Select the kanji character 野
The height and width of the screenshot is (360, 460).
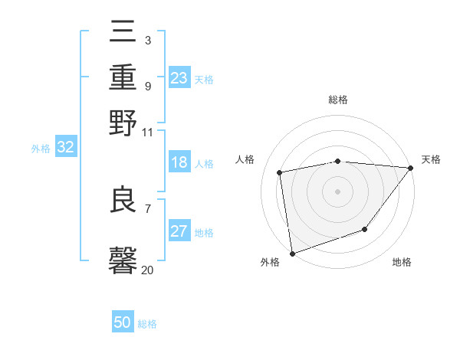pyautogui.click(x=123, y=123)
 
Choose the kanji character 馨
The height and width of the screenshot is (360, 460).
pyautogui.click(x=123, y=260)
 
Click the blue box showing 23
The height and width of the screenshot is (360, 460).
pyautogui.click(x=179, y=78)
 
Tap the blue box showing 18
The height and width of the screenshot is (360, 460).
pyautogui.click(x=179, y=162)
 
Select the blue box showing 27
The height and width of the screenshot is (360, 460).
pyautogui.click(x=179, y=232)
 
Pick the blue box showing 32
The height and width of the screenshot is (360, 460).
pyautogui.click(x=65, y=148)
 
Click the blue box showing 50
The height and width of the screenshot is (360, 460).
pyautogui.click(x=123, y=322)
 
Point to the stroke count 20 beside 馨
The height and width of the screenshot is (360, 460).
pyautogui.click(x=147, y=270)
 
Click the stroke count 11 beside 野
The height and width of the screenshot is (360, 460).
pyautogui.click(x=147, y=132)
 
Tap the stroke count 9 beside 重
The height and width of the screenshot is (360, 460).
pyautogui.click(x=147, y=86)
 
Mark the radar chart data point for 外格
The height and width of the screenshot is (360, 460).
pyautogui.click(x=292, y=253)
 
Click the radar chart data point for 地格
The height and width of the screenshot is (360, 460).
pyautogui.click(x=366, y=229)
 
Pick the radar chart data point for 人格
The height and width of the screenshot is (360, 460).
pyautogui.click(x=280, y=172)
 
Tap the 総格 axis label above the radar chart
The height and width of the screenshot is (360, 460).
pyautogui.click(x=338, y=100)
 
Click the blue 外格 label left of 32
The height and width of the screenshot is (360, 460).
pyautogui.click(x=40, y=149)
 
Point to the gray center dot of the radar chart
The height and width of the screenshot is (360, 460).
pyautogui.click(x=337, y=191)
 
